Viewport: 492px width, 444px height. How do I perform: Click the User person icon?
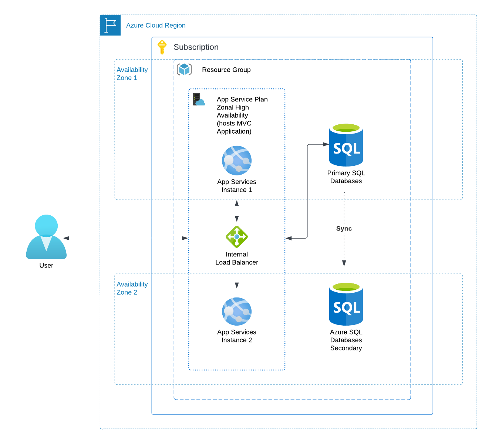[x=46, y=237]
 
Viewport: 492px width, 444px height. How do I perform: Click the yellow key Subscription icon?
[x=162, y=47]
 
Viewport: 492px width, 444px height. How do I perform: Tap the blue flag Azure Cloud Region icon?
[x=110, y=25]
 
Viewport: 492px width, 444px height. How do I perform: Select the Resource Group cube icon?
[x=184, y=69]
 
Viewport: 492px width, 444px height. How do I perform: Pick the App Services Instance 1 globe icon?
[x=237, y=161]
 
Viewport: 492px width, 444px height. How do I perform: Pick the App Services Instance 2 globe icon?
[x=237, y=312]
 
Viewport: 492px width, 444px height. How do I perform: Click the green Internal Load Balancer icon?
[x=237, y=237]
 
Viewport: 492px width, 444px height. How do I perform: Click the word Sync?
[x=344, y=229]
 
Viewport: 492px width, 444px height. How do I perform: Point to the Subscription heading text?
[x=196, y=47]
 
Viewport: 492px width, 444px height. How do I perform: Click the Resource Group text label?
[x=226, y=70]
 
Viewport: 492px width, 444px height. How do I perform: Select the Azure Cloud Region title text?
[x=156, y=26]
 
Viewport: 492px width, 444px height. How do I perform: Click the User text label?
[x=46, y=266]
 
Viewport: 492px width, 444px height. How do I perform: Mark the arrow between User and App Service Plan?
[x=126, y=238]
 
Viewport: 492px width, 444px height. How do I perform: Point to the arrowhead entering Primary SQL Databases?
[x=326, y=144]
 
